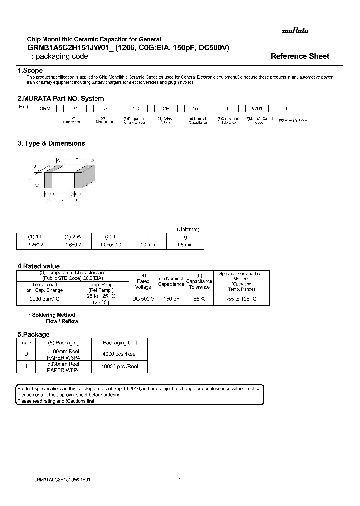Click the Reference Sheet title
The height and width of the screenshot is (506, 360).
[x=300, y=56]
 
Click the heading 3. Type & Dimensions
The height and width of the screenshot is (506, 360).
[x=51, y=143]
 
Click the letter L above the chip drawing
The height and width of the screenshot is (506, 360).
[x=76, y=157]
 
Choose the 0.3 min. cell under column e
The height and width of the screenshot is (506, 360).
[x=147, y=245]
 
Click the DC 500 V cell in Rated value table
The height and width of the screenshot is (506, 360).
[x=143, y=299]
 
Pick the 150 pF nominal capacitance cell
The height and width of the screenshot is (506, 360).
[x=171, y=299]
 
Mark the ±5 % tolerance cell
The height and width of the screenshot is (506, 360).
[x=199, y=299]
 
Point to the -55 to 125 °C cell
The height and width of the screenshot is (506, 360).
[x=241, y=299]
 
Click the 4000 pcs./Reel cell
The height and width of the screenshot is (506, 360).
[x=119, y=354]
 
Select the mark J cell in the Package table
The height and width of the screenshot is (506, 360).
[x=25, y=366]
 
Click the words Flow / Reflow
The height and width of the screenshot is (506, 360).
[x=62, y=321]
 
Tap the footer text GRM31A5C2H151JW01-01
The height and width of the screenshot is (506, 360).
[x=61, y=479]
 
